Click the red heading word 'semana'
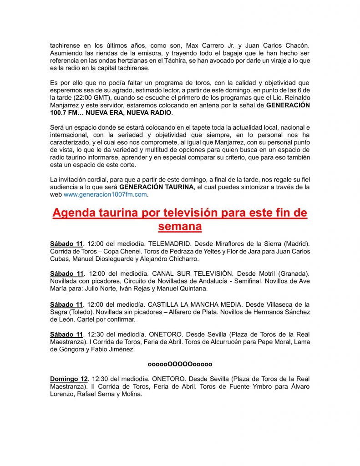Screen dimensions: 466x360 pos(180,226)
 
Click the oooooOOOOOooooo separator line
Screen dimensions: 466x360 pos(180,364)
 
